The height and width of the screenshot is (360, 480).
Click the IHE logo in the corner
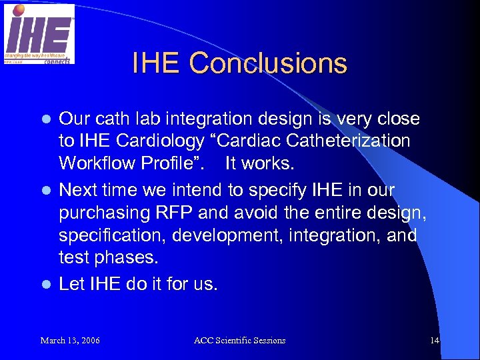click(39, 33)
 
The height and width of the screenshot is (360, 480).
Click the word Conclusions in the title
click(268, 63)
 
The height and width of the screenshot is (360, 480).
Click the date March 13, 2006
click(70, 341)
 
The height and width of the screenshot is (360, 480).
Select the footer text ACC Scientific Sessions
click(239, 341)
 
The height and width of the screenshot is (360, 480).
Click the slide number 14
click(435, 341)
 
